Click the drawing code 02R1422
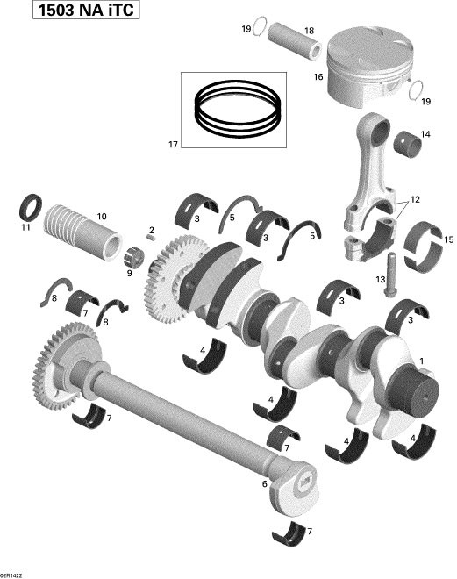(16, 573)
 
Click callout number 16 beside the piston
(317, 77)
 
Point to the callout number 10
(102, 215)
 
